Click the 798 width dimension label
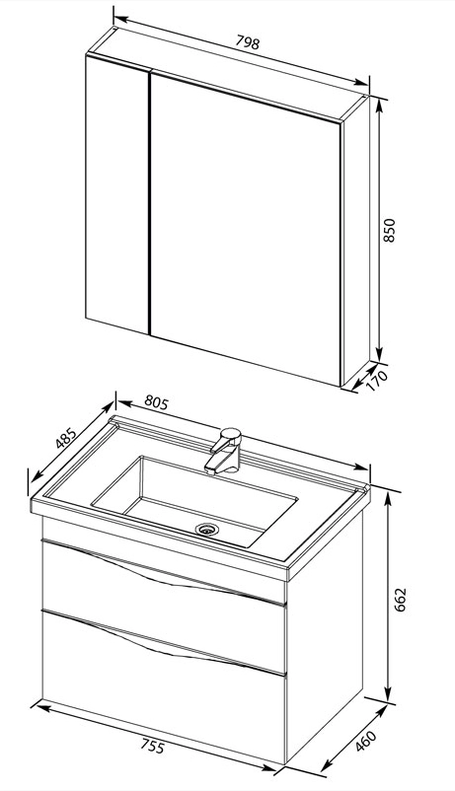248,42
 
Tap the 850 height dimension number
389,230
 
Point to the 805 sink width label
156,402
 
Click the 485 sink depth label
66,438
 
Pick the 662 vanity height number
400,600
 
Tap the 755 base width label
152,746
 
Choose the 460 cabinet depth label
365,741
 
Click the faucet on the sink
224,452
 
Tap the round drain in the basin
207,529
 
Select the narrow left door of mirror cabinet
117,194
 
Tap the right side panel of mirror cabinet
356,241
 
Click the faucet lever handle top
230,434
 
